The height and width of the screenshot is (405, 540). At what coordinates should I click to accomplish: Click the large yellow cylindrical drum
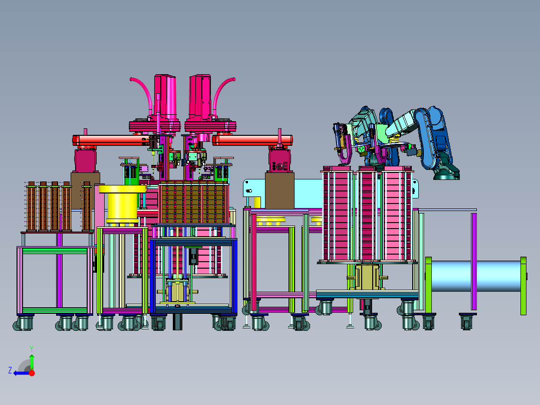coord(122,205)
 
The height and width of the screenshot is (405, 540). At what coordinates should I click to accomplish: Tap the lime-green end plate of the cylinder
coord(523,286)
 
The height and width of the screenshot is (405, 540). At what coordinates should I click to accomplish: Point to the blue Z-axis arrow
coord(22,373)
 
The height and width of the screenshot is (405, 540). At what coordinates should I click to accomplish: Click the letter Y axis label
coord(32,348)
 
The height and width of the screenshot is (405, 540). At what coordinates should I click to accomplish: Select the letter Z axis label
coord(10,370)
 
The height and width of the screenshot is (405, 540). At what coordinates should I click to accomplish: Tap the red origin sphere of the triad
coord(32,373)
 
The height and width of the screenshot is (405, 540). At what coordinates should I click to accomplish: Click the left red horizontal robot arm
coord(110,140)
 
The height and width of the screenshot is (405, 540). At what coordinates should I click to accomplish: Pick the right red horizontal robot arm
coord(252,140)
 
